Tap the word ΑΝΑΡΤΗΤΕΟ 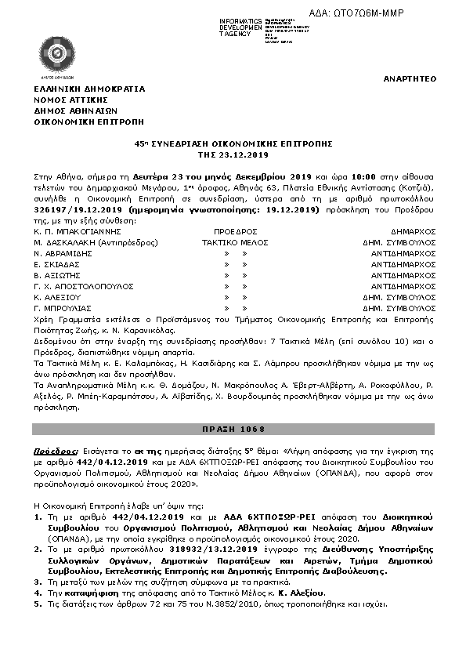coord(409,79)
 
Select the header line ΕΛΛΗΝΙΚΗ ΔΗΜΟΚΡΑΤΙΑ coord(89,89)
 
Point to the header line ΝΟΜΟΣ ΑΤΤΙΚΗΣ coord(70,100)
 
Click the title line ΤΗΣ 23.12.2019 coord(233,155)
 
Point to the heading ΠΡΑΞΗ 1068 coord(233,430)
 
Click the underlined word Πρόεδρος coord(55,452)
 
